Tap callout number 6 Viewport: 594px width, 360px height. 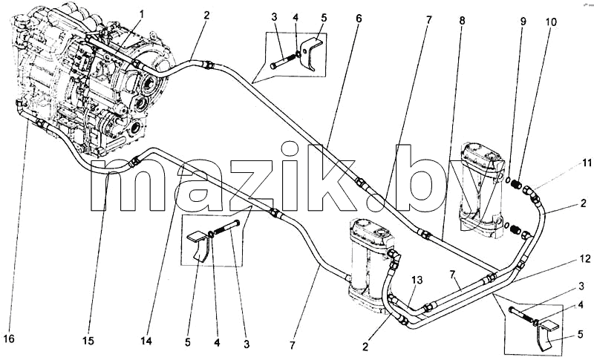point(359,18)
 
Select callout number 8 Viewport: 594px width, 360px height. point(462,21)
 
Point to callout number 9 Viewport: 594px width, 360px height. point(523,22)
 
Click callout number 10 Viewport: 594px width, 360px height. point(551,22)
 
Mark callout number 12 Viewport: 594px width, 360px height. point(585,259)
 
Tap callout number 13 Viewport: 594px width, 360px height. point(417,280)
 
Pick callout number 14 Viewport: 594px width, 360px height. point(146,341)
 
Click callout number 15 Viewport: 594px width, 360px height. point(88,341)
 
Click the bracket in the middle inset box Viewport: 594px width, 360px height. point(198,246)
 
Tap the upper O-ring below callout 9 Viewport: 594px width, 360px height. point(509,180)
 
